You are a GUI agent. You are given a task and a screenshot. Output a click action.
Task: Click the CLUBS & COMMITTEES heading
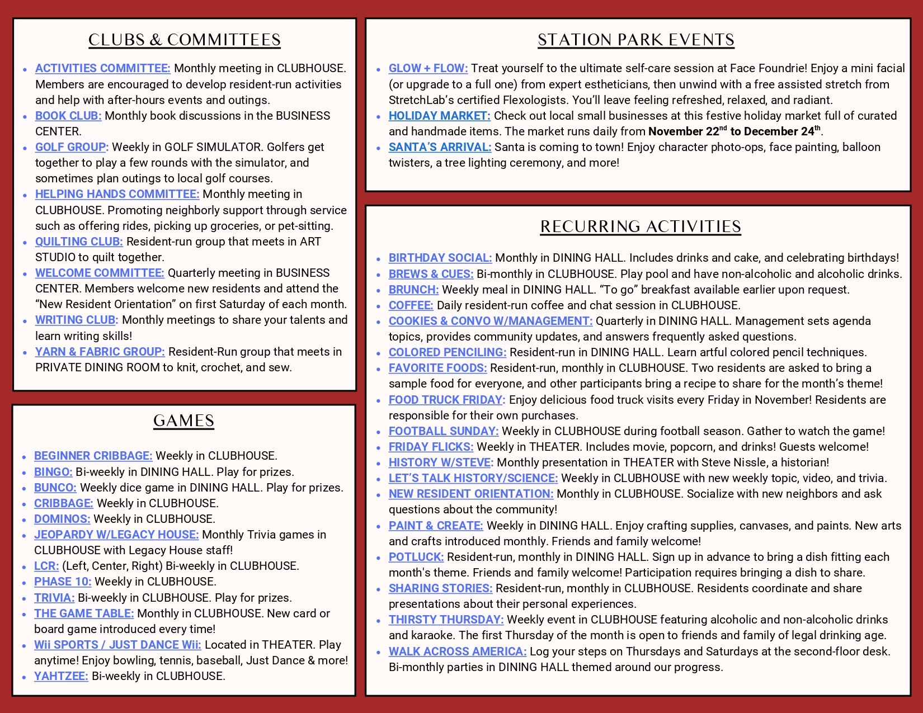(x=185, y=40)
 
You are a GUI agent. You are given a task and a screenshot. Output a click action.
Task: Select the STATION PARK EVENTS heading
(x=636, y=40)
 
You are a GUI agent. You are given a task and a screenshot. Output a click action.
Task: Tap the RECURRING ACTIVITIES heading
(x=641, y=226)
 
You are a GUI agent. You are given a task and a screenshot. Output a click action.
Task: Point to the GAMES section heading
(x=183, y=421)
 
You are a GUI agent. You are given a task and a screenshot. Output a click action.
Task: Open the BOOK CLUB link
(x=68, y=116)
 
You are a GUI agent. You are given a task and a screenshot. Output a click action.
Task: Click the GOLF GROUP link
(x=72, y=147)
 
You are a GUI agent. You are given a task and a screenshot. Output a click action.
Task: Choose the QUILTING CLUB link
(x=79, y=242)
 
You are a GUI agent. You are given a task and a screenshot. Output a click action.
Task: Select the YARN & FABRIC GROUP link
(x=100, y=352)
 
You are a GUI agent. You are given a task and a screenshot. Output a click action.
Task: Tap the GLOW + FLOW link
(x=428, y=68)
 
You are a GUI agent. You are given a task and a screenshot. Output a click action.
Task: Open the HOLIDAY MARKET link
(x=439, y=116)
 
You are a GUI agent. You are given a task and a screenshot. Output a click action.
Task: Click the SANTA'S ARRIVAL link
(x=440, y=147)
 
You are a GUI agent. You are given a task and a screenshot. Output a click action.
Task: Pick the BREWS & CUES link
(x=431, y=274)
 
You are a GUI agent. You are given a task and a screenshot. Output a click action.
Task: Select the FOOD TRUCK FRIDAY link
(x=446, y=400)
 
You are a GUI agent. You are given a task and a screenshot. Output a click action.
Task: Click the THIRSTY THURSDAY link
(x=446, y=620)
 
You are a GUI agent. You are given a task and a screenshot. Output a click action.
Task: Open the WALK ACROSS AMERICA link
(x=458, y=651)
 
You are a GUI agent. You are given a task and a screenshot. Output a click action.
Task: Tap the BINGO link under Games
(x=53, y=472)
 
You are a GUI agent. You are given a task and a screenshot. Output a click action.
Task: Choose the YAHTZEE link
(x=61, y=676)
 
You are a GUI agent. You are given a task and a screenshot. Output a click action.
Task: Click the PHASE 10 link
(x=63, y=582)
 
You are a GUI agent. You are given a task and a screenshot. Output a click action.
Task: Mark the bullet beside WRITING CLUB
(x=25, y=322)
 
